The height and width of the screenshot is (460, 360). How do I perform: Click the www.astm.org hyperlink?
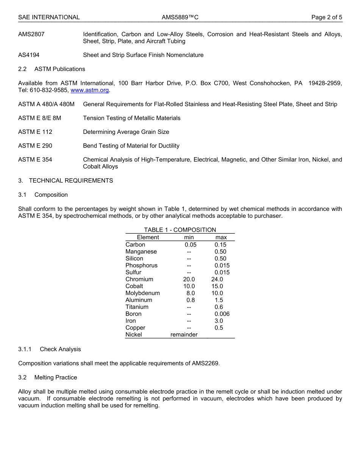(90, 90)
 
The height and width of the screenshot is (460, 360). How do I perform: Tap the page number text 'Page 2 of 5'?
(327, 17)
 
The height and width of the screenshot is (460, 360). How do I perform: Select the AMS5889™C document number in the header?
(180, 17)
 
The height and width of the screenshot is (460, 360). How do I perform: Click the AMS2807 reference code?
(31, 34)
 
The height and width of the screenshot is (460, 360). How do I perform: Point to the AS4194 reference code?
(29, 55)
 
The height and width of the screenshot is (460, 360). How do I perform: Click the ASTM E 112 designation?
(35, 132)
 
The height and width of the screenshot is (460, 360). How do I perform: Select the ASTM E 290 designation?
(35, 146)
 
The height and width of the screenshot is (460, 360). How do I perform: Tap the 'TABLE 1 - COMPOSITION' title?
(180, 230)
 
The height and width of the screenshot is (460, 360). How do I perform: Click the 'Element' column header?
(148, 237)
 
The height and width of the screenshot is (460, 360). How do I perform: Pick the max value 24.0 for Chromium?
(217, 279)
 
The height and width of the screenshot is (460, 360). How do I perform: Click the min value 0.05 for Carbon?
(191, 245)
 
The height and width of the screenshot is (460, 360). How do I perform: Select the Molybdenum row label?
(142, 293)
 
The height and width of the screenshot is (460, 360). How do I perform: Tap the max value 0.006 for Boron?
(222, 314)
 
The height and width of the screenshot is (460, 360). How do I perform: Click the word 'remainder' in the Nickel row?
(184, 335)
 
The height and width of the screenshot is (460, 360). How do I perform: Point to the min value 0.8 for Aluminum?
(191, 300)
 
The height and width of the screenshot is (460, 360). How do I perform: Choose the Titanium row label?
(137, 307)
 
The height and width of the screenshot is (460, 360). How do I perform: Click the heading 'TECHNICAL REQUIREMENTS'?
(71, 181)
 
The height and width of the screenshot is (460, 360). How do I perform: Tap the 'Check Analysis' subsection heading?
(60, 349)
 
